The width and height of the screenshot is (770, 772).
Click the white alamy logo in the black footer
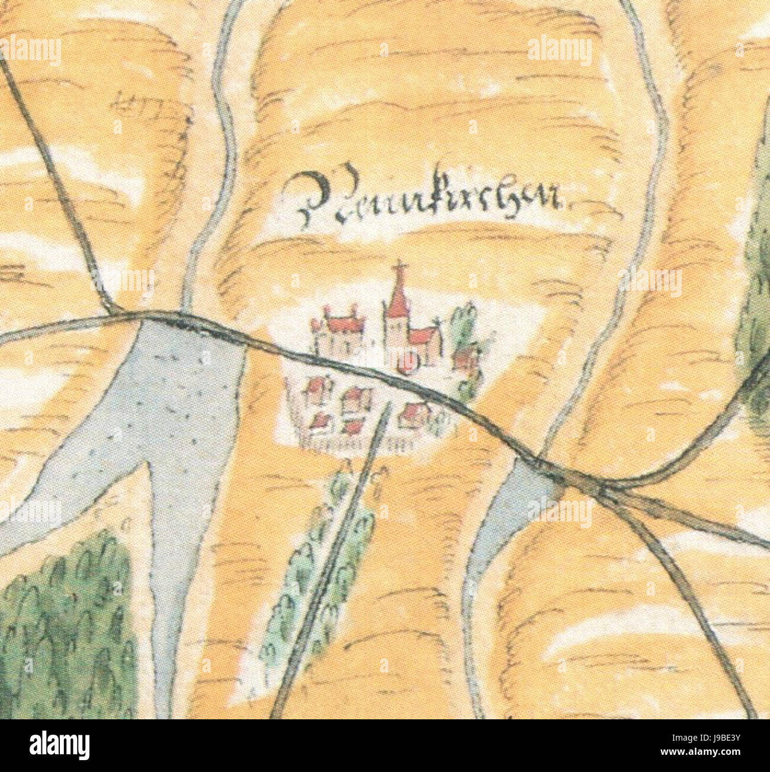click(x=59, y=745)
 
